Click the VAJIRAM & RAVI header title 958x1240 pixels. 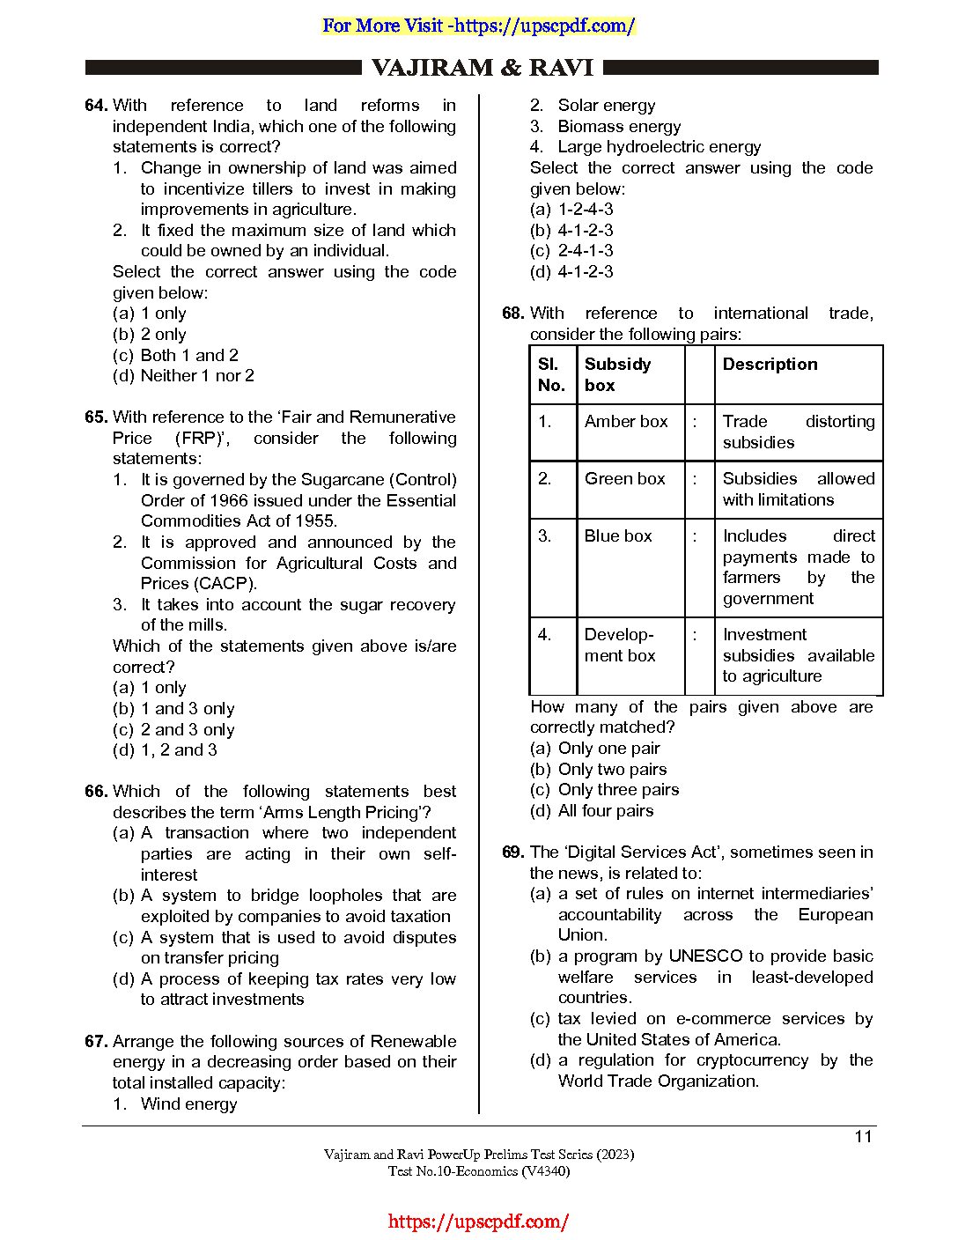point(482,68)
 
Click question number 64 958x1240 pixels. point(95,106)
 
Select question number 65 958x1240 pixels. point(95,417)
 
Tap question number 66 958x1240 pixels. point(95,792)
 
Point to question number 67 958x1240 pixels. point(95,1042)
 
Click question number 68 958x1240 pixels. point(512,314)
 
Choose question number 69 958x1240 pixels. point(512,852)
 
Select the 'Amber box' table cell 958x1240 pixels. point(626,422)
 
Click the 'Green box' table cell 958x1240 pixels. point(624,479)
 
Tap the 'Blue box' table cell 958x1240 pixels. point(618,536)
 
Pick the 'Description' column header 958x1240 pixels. point(770,365)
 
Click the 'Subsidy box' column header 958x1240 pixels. point(617,374)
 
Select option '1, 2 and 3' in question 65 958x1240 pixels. point(178,750)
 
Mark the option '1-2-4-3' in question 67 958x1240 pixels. point(585,210)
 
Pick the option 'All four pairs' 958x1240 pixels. point(605,811)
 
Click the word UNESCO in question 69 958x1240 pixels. point(705,956)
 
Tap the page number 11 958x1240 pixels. point(863,1137)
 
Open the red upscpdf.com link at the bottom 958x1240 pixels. point(478,1222)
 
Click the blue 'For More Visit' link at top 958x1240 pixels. point(478,26)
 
